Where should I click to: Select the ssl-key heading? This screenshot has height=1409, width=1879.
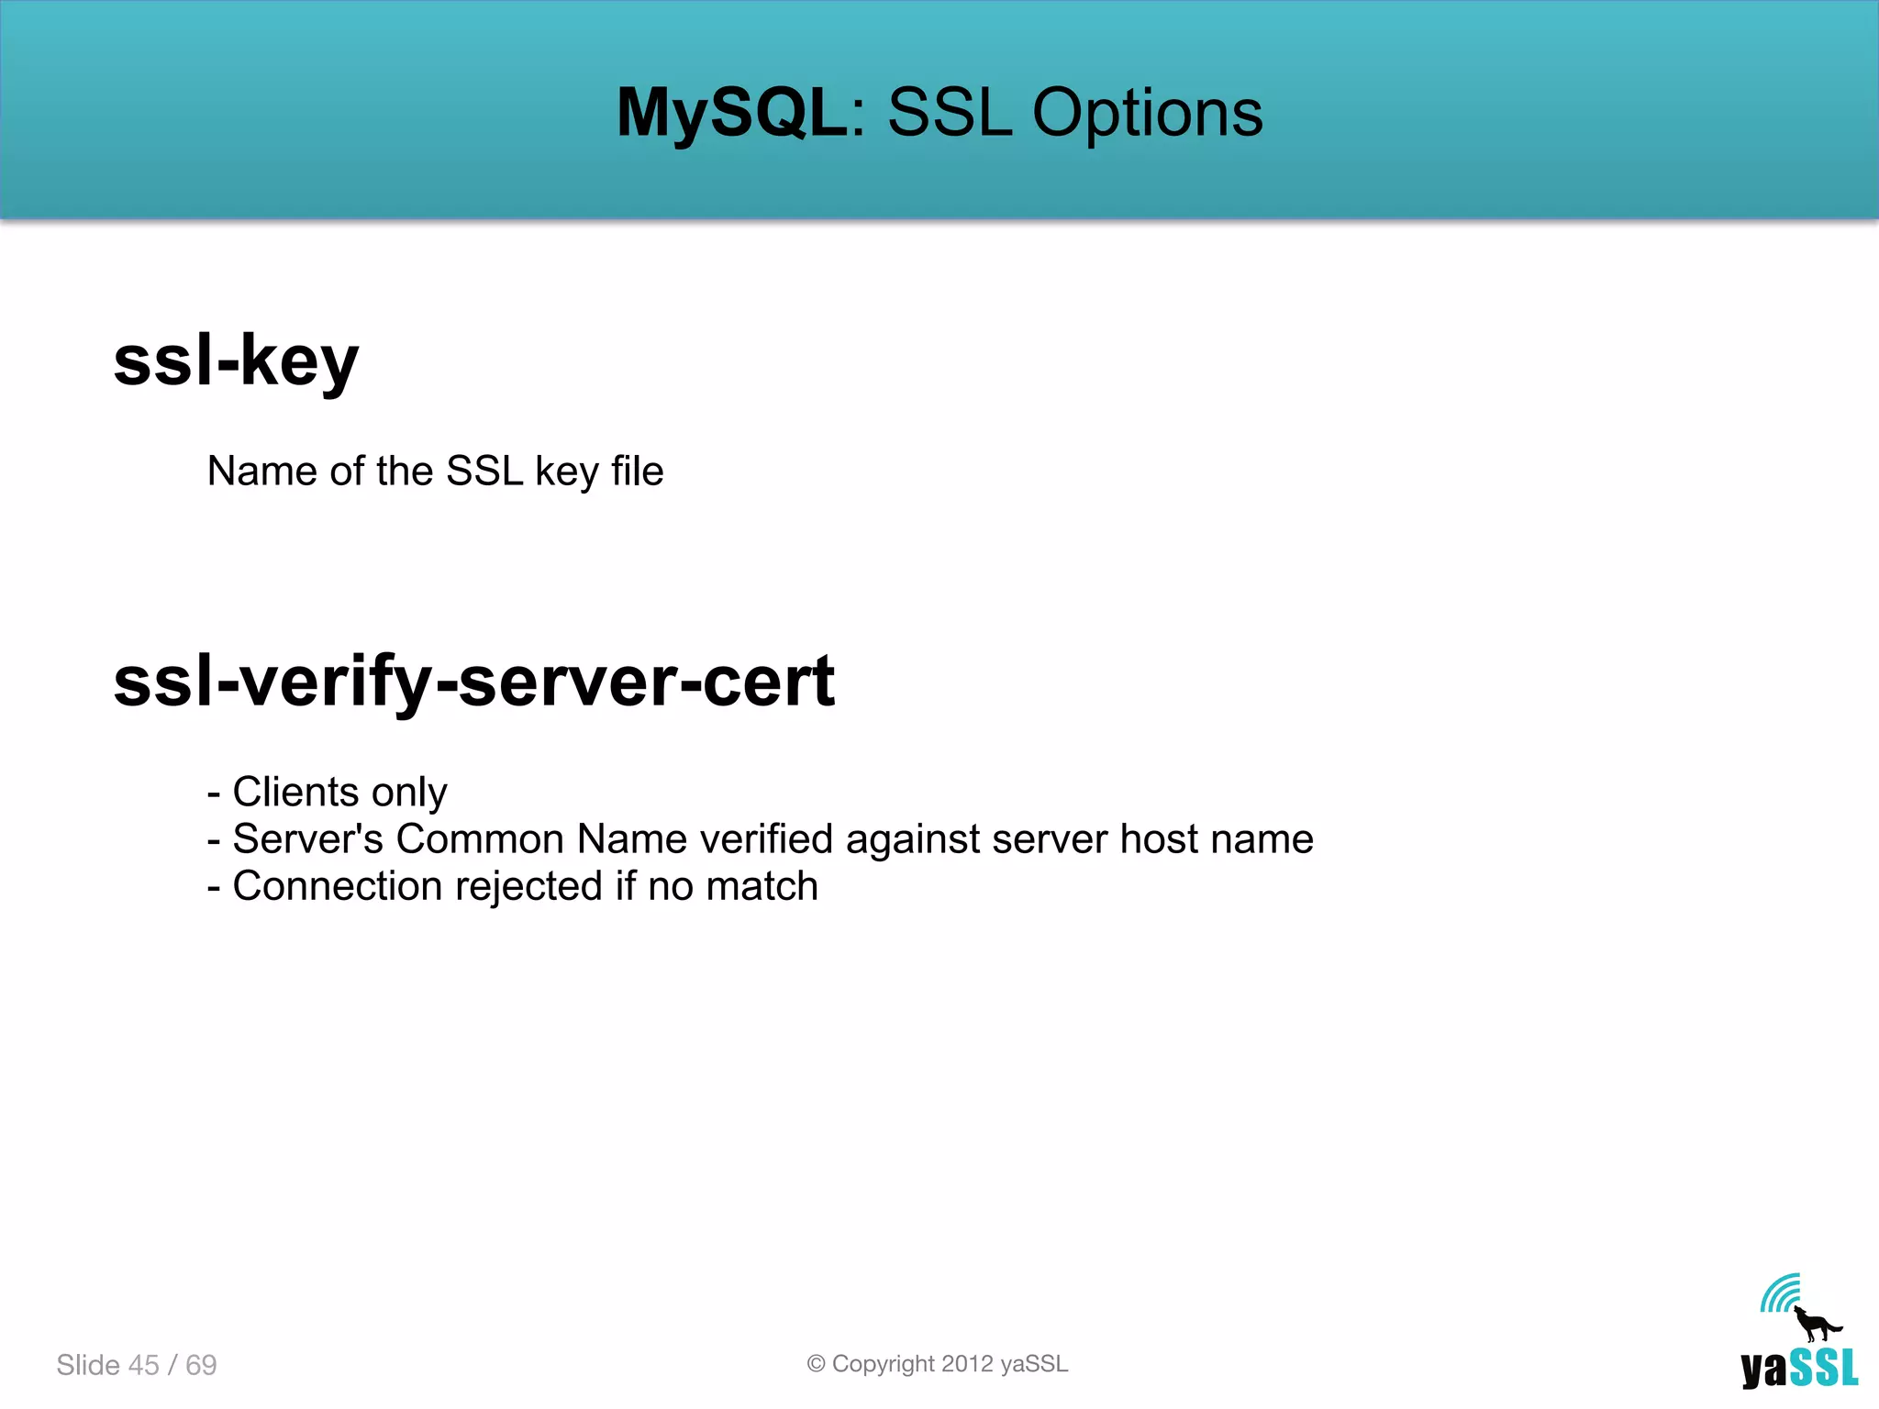(x=236, y=361)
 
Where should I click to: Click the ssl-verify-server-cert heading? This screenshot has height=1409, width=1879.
(x=473, y=682)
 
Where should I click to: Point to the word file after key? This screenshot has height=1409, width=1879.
(x=638, y=472)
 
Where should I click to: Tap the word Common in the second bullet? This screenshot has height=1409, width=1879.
(x=479, y=839)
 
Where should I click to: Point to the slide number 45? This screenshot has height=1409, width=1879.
(x=144, y=1365)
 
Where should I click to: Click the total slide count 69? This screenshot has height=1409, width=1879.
(x=201, y=1365)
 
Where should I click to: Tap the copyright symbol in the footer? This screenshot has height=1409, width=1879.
(x=816, y=1364)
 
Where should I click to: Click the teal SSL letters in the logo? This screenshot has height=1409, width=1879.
(x=1824, y=1368)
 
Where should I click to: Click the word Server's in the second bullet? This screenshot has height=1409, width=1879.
(x=308, y=839)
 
